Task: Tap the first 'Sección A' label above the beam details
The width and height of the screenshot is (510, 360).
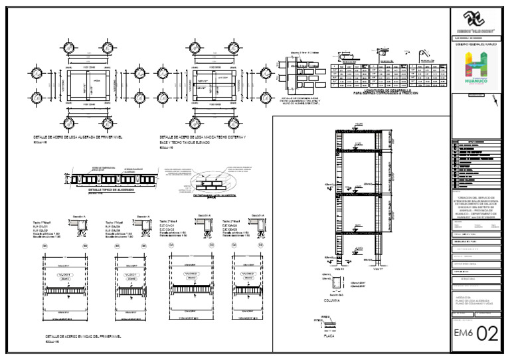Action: (x=80, y=217)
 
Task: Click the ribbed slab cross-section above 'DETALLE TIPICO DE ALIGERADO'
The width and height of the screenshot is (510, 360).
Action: (x=111, y=179)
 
